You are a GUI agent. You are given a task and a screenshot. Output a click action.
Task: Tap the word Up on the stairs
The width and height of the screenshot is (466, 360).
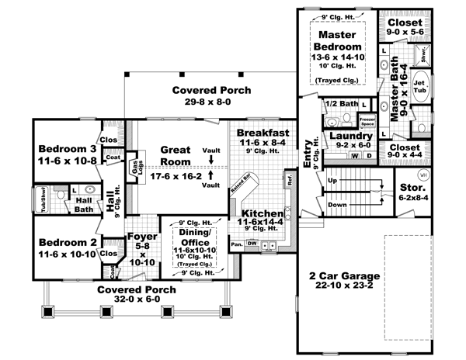(333, 180)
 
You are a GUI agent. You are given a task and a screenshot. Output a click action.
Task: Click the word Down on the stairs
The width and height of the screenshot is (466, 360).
(336, 206)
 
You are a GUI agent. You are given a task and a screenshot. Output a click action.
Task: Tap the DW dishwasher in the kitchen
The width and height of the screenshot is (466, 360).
(252, 244)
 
